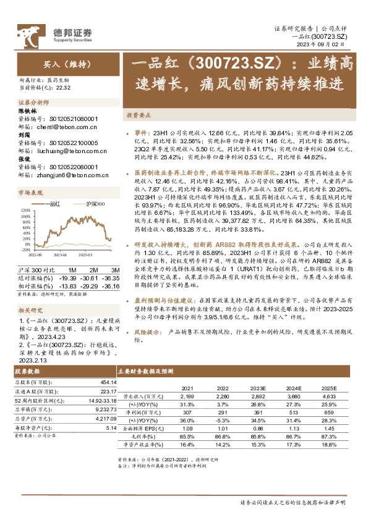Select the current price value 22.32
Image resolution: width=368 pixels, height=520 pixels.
64,88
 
